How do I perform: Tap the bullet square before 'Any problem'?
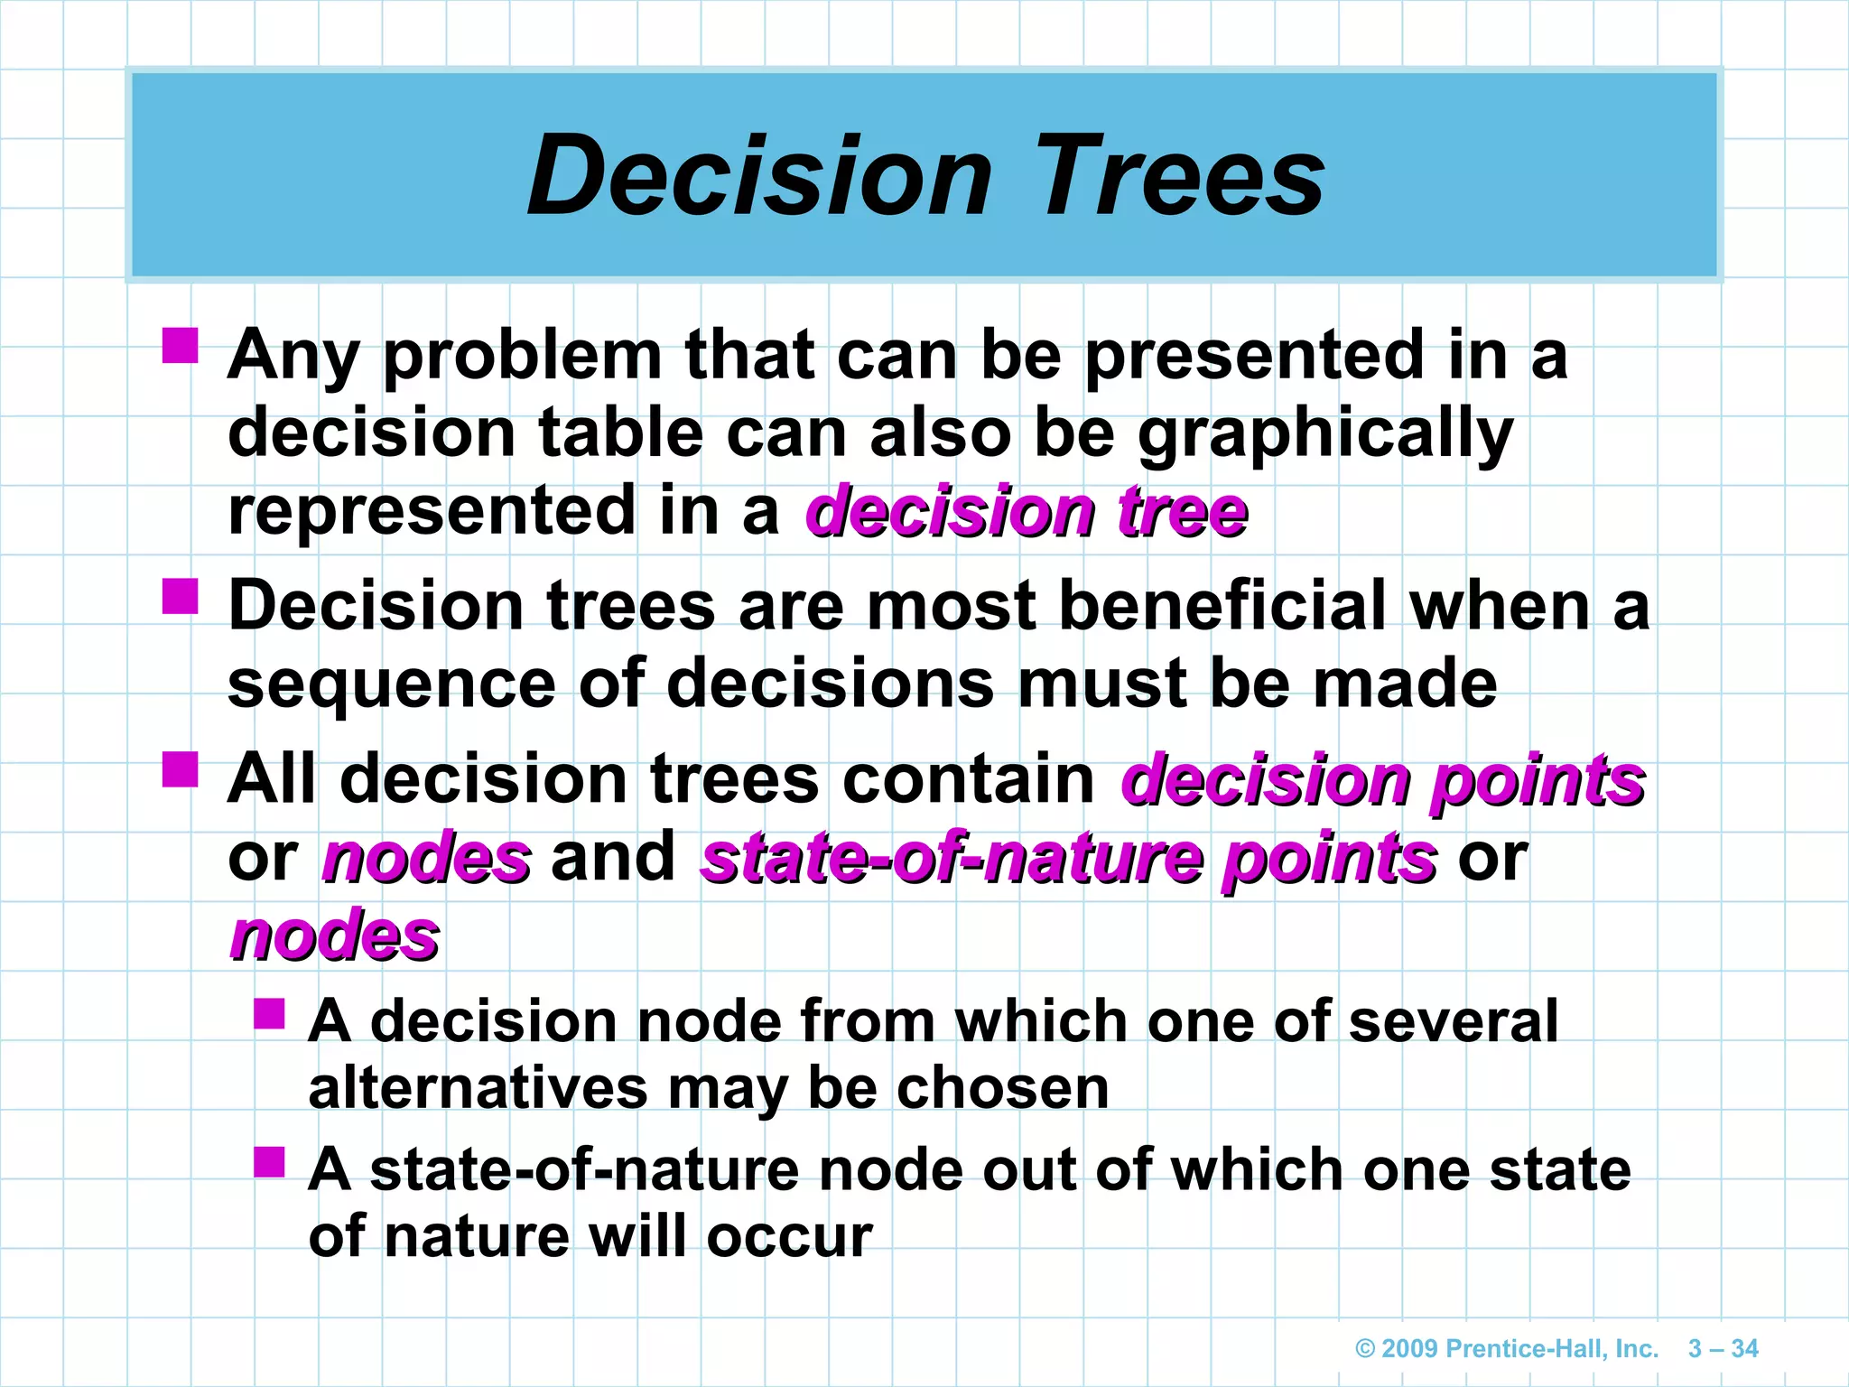coord(181,345)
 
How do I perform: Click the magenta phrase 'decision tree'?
coord(1027,512)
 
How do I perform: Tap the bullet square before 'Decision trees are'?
coord(181,596)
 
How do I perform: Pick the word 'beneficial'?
coord(1222,606)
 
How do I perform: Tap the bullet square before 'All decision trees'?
coord(181,769)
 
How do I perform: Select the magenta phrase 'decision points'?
coord(1382,780)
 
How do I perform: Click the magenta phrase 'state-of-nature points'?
coord(1068,859)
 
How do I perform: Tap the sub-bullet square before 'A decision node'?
coord(269,1013)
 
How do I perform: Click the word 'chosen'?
coord(1002,1088)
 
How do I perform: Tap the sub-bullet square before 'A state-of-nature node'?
coord(269,1162)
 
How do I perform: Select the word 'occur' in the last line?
coord(789,1236)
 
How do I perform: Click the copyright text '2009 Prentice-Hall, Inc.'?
coord(1507,1349)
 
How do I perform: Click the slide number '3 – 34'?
coord(1723,1349)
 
